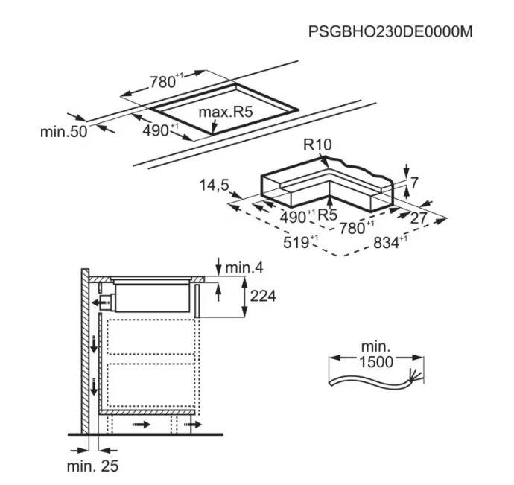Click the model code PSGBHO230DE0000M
[390, 32]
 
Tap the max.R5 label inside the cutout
[227, 113]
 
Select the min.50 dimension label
[63, 132]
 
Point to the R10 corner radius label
[317, 145]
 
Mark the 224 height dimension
[263, 297]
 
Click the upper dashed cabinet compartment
[146, 336]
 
